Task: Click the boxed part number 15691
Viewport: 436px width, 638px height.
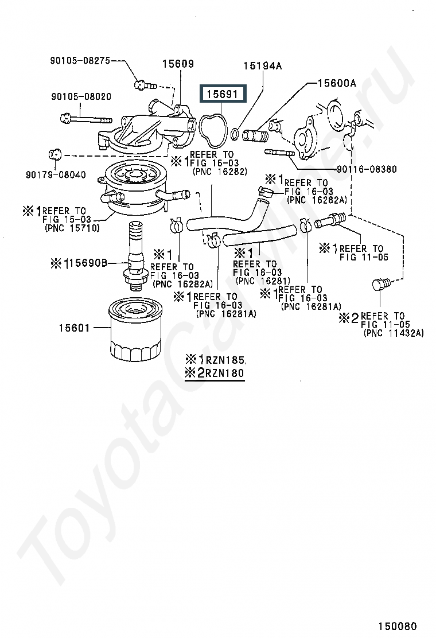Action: [x=222, y=94]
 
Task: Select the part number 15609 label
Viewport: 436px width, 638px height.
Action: [x=178, y=64]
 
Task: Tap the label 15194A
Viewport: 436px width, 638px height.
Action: [x=263, y=66]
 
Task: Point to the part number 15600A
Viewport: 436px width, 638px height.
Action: [x=337, y=83]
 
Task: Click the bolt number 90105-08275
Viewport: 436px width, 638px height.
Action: [x=80, y=61]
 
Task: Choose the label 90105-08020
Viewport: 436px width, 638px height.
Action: [x=81, y=96]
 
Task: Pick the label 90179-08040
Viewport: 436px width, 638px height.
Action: [x=56, y=174]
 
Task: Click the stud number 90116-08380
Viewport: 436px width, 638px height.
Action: [x=367, y=169]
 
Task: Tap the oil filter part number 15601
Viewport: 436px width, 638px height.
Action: [x=74, y=328]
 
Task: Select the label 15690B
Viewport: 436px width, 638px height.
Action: [x=88, y=263]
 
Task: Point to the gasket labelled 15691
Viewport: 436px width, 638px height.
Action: [x=213, y=131]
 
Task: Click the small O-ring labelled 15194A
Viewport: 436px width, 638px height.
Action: [x=235, y=134]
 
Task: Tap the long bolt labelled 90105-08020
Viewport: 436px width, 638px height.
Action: [x=86, y=119]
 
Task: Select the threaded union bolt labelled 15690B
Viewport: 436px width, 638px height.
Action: [x=135, y=255]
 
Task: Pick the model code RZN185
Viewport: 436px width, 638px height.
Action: [x=225, y=360]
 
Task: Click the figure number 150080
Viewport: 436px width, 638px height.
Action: [x=398, y=626]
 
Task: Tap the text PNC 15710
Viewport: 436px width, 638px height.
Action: [x=72, y=228]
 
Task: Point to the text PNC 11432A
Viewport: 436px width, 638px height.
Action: [x=394, y=333]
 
